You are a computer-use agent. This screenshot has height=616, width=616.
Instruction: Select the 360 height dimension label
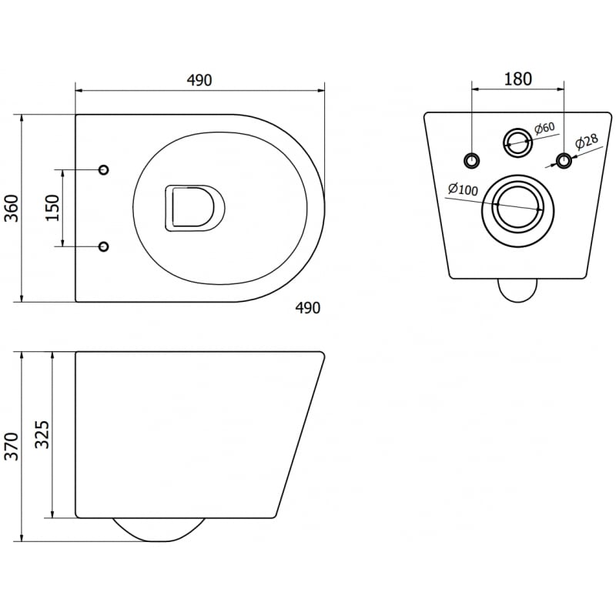point(12,208)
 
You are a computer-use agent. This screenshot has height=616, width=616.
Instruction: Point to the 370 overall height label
point(12,447)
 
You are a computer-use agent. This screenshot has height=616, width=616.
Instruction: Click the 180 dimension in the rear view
point(517,79)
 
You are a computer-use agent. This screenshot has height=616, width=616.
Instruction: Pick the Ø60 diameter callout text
point(544,129)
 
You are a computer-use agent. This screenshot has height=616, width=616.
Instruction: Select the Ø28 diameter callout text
point(588,142)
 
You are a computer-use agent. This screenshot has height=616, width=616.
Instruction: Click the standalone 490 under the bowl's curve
point(307,308)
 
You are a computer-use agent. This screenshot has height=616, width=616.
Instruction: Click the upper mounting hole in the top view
point(104,169)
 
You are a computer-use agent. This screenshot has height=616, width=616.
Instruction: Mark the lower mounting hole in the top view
point(104,246)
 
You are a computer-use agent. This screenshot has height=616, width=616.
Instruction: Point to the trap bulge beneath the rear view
point(517,290)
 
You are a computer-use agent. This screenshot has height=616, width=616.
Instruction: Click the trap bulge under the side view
point(159,530)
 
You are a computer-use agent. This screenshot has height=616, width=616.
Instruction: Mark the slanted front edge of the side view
point(300,435)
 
